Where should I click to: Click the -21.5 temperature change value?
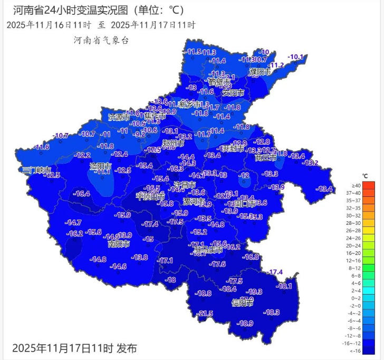click(x=205, y=314)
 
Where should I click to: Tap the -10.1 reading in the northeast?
click(x=296, y=57)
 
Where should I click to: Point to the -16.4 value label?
click(x=81, y=194)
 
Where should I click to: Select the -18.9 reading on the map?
click(x=245, y=323)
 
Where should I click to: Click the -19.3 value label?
click(x=255, y=291)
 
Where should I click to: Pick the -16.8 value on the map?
click(x=251, y=257)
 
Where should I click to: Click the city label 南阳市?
click(x=119, y=244)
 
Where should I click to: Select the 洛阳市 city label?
click(x=101, y=166)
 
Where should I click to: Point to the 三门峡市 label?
click(x=36, y=170)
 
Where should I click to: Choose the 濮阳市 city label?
click(x=261, y=71)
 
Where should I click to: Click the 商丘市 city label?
click(x=265, y=157)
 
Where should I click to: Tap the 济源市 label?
click(x=119, y=117)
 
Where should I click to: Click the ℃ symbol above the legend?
click(x=364, y=175)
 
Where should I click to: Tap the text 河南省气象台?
click(x=102, y=40)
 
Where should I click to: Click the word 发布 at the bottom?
click(x=127, y=348)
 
